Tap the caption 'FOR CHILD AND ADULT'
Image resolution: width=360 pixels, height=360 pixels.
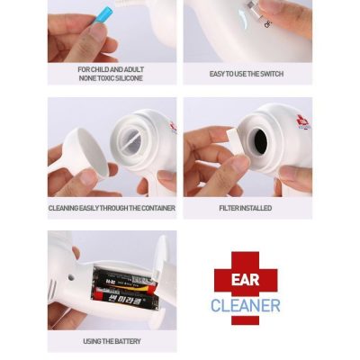click(111, 69)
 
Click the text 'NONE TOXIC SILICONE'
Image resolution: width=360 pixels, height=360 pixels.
click(111, 78)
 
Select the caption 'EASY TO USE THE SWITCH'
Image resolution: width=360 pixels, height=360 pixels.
click(246, 74)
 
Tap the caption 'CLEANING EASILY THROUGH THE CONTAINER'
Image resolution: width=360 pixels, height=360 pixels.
click(111, 208)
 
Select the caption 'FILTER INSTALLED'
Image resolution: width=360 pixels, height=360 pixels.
click(246, 208)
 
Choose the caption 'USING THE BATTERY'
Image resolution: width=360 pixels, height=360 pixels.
click(112, 341)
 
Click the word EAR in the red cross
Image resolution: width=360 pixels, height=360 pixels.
click(246, 280)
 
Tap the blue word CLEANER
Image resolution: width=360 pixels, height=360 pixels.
click(245, 305)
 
